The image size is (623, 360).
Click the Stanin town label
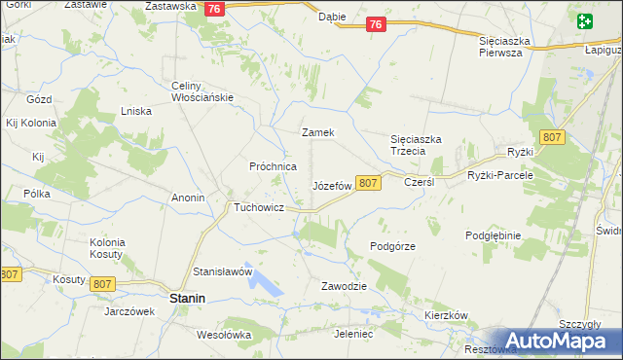click(187, 300)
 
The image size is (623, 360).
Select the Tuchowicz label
click(257, 208)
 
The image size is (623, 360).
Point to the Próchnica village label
click(273, 166)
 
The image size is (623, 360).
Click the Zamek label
click(318, 132)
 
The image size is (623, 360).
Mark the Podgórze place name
click(393, 246)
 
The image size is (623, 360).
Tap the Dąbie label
click(332, 18)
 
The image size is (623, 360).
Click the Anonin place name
click(188, 198)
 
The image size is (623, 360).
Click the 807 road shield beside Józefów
click(367, 183)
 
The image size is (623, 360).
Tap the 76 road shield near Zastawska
click(216, 8)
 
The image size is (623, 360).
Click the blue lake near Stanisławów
click(263, 282)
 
